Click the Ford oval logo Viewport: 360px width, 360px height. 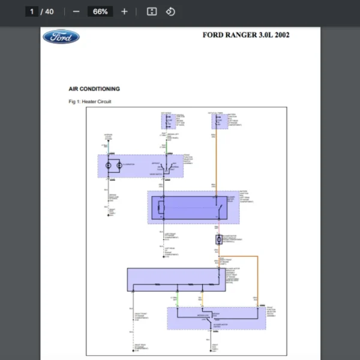(x=61, y=37)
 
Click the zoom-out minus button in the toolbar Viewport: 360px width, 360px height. (x=76, y=11)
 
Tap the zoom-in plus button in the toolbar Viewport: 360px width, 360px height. (x=124, y=11)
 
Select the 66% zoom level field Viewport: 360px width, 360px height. (x=100, y=11)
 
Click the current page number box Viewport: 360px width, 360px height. (x=32, y=11)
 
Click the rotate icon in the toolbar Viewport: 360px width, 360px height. (x=170, y=11)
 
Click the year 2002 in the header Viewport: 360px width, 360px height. (x=281, y=35)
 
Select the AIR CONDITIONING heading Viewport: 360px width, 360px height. (x=94, y=89)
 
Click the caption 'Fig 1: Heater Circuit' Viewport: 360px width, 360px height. (x=90, y=101)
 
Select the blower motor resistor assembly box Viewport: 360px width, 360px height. (x=173, y=279)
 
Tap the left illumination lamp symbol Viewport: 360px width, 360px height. (x=109, y=164)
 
